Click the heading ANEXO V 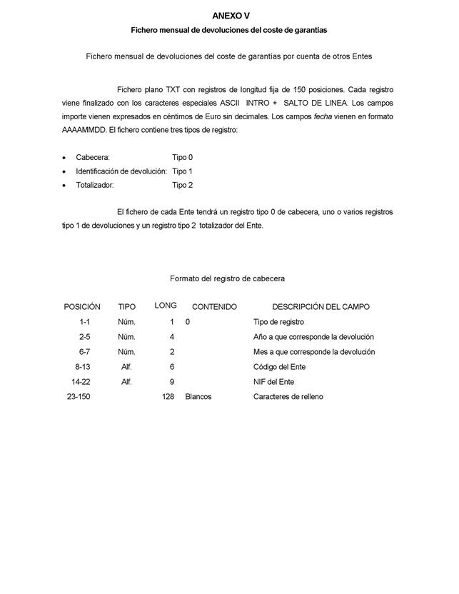[x=231, y=16]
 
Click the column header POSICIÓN [x=82, y=307]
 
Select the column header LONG [x=166, y=306]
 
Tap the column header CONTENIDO [x=214, y=307]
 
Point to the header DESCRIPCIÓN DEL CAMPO [x=321, y=307]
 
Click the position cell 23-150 [x=82, y=396]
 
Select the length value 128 [x=168, y=396]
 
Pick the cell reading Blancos [x=198, y=396]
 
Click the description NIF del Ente [x=274, y=381]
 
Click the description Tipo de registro [x=279, y=322]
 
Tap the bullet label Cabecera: [x=93, y=157]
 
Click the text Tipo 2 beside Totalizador [x=183, y=185]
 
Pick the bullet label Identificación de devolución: [x=121, y=171]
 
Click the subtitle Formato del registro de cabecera [x=228, y=278]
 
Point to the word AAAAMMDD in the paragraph [x=84, y=130]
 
